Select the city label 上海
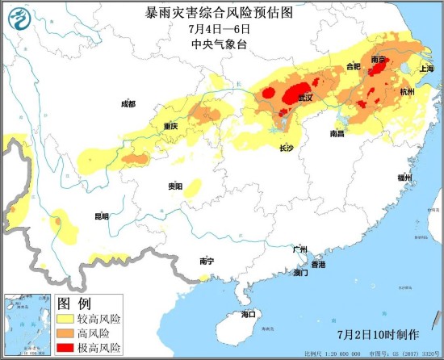pyautogui.click(x=426, y=69)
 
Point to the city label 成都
pyautogui.click(x=128, y=104)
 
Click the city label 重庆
pyautogui.click(x=170, y=127)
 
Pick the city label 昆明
pyautogui.click(x=101, y=216)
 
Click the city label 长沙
pyautogui.click(x=287, y=149)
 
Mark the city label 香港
pyautogui.click(x=318, y=265)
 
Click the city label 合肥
pyautogui.click(x=353, y=66)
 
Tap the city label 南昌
pyautogui.click(x=338, y=133)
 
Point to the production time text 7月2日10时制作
pyautogui.click(x=378, y=334)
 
